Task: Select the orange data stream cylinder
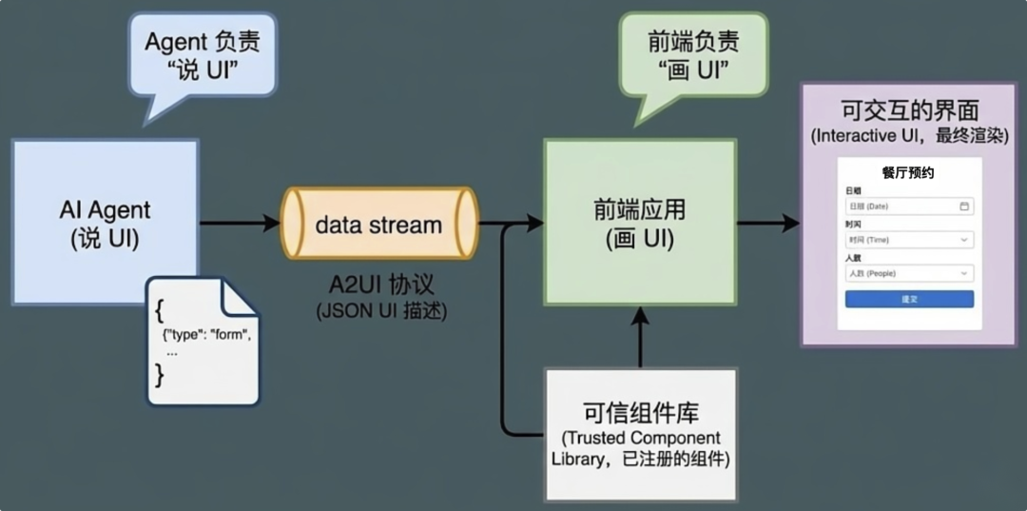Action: (x=378, y=225)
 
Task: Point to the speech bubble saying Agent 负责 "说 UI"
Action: (x=202, y=54)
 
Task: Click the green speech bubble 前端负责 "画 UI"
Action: (x=692, y=54)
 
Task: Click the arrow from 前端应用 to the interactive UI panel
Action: (x=768, y=224)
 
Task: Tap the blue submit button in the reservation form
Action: (x=909, y=299)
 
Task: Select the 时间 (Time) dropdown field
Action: (x=909, y=240)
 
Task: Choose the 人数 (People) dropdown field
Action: (x=909, y=273)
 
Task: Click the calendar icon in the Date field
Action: (x=964, y=206)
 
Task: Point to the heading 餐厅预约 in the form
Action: (x=908, y=173)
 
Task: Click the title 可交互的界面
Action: (x=910, y=108)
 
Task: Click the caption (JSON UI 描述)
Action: (x=380, y=310)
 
